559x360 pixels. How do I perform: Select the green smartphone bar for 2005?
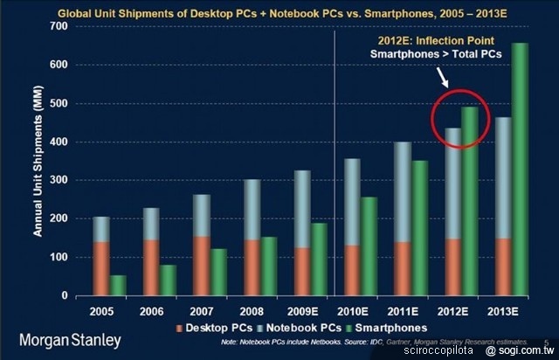[x=118, y=286]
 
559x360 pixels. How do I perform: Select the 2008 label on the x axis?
[x=252, y=310]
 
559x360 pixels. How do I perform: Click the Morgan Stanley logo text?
[x=71, y=340]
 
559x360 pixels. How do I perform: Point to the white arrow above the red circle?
[x=442, y=79]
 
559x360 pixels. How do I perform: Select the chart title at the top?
[x=279, y=12]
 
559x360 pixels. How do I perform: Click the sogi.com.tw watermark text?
[x=521, y=350]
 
